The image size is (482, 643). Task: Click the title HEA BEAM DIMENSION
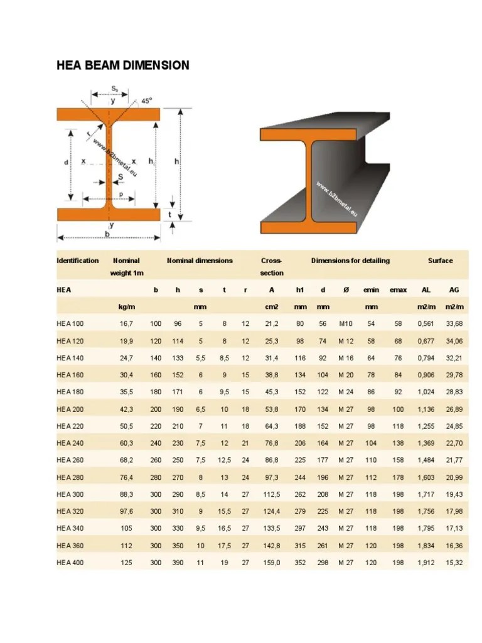(122, 65)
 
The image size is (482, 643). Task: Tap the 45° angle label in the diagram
(147, 100)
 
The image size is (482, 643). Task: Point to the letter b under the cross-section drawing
(107, 234)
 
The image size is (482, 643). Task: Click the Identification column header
(77, 261)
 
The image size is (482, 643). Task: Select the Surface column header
(440, 261)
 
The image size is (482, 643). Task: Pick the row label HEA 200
(70, 409)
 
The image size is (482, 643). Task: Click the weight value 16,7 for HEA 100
(127, 324)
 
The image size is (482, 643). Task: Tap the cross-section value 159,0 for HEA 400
(272, 563)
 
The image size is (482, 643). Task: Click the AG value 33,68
(454, 324)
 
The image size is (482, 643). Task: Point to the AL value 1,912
(426, 563)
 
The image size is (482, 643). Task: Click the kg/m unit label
(127, 307)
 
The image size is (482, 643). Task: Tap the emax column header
(398, 290)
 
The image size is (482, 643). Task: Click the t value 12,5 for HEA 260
(224, 460)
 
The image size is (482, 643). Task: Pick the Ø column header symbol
(345, 290)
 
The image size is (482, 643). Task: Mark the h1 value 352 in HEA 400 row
(301, 563)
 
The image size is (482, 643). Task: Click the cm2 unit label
(272, 307)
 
